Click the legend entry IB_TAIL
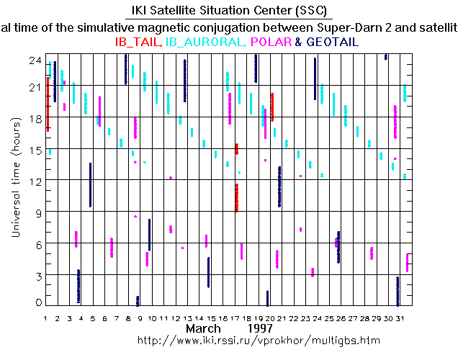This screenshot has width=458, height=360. pos(138,42)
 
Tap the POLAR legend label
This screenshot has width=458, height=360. pos(270,42)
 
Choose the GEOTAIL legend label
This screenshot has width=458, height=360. pos(332,42)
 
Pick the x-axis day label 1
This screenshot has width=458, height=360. pos(45,318)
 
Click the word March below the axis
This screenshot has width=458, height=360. pos(203,328)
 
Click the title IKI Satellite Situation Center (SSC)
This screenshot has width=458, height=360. pos(229,11)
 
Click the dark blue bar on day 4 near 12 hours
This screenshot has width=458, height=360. pos(90,185)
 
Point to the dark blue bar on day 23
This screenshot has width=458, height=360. pos(315,79)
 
